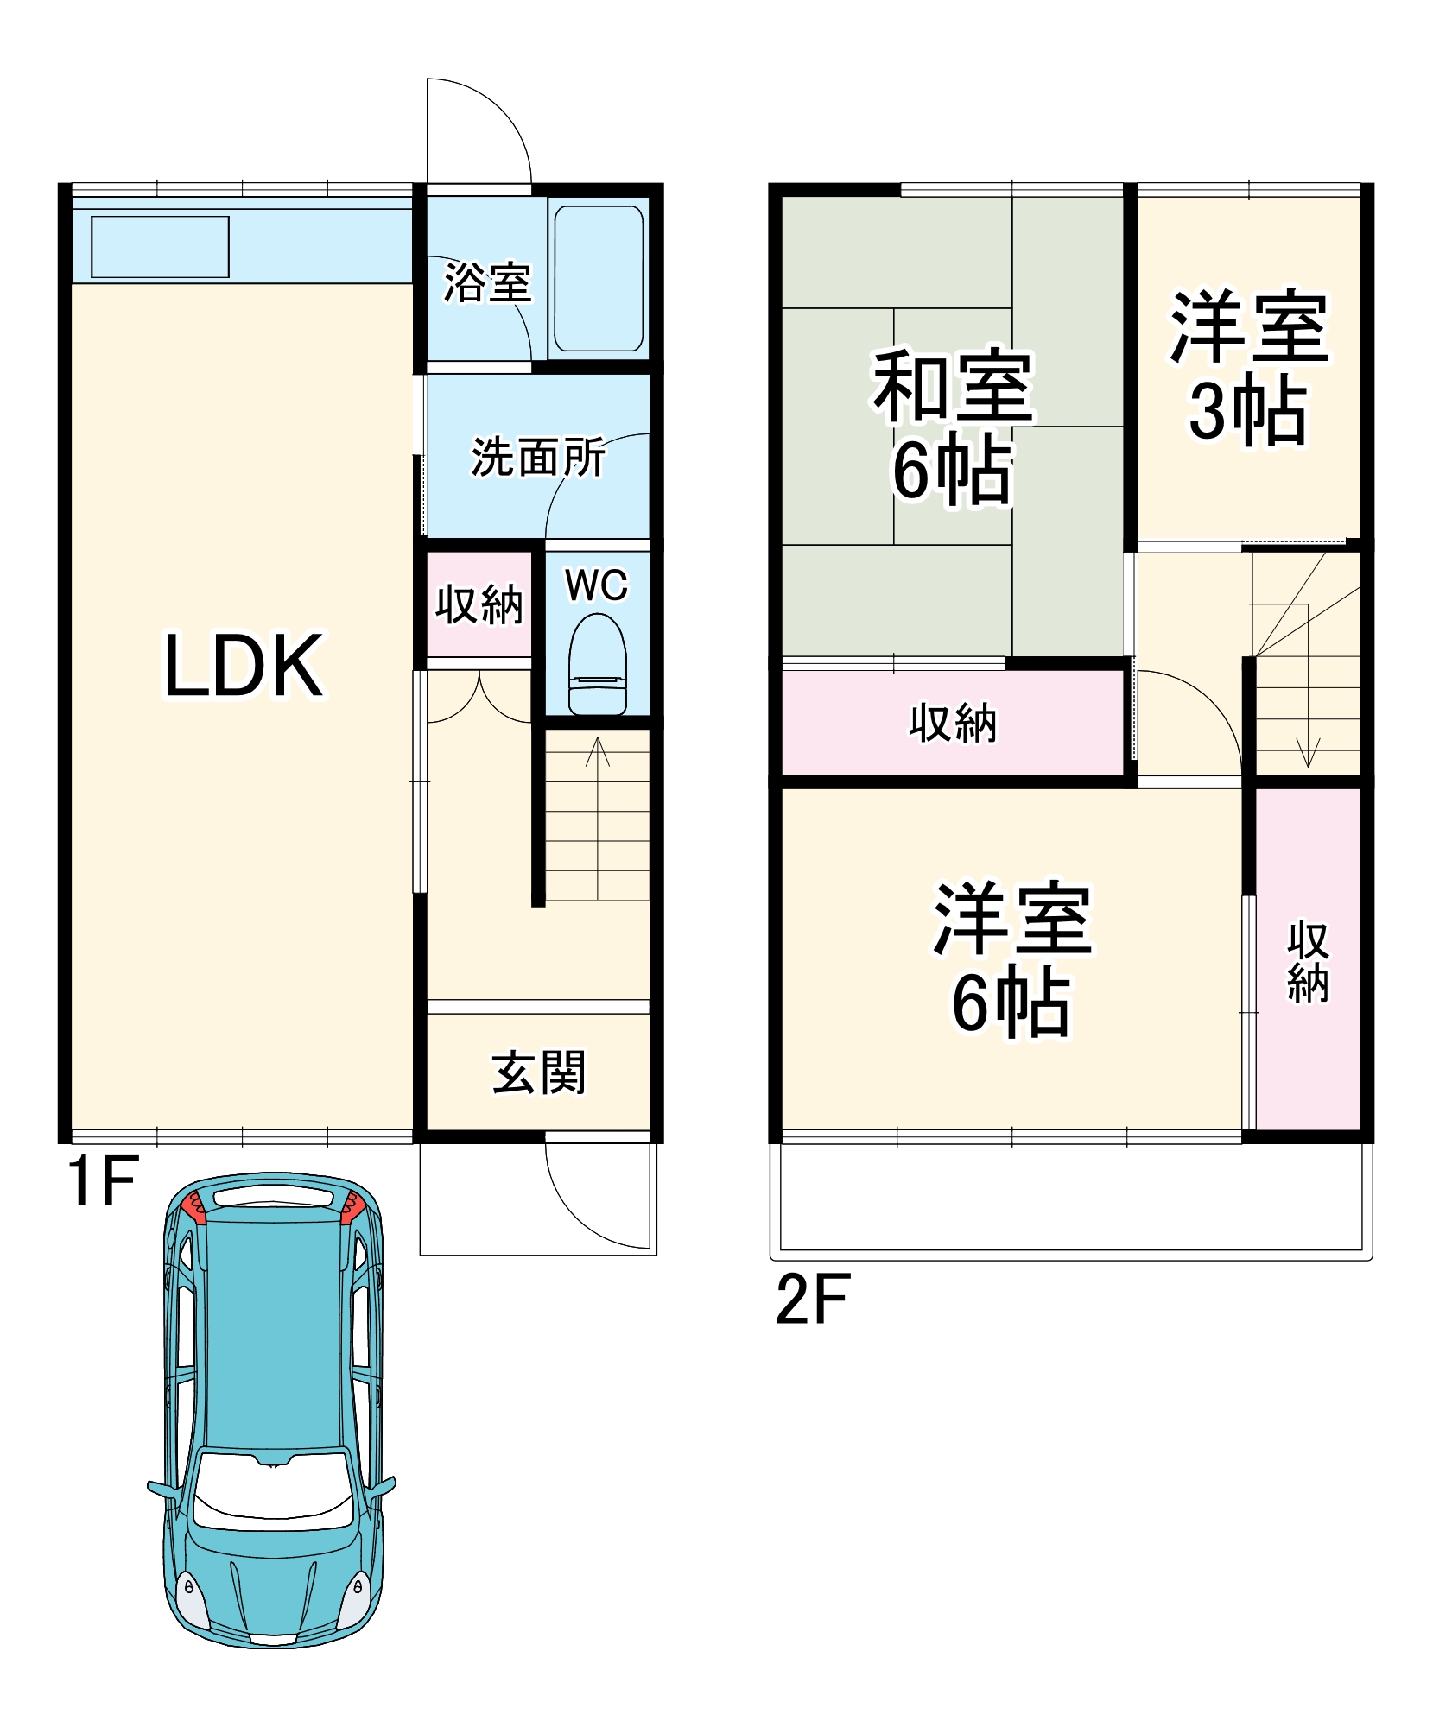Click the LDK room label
click(x=244, y=665)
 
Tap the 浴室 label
click(x=487, y=282)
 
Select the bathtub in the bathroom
click(x=599, y=278)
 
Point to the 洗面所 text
click(x=538, y=457)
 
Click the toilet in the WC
click(x=598, y=664)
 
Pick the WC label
click(x=597, y=585)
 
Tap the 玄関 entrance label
click(x=539, y=1072)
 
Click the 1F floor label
click(x=103, y=1181)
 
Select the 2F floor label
click(x=813, y=1299)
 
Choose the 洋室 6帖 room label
click(x=1012, y=959)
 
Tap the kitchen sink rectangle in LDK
click(x=160, y=247)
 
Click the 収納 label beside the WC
click(x=479, y=604)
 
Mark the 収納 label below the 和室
click(x=953, y=723)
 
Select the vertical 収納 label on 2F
click(x=1308, y=962)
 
